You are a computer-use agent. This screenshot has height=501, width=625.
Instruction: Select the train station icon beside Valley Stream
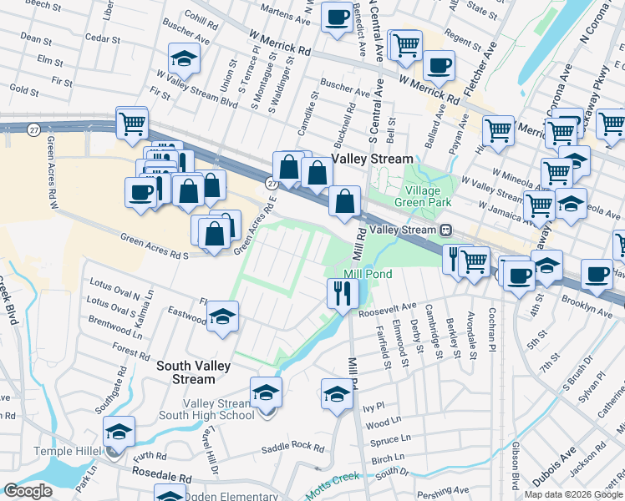(446, 230)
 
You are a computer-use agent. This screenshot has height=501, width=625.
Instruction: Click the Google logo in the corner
(28, 491)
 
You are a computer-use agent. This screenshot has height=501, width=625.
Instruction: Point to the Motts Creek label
(332, 484)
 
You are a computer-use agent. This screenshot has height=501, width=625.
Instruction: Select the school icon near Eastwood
(222, 316)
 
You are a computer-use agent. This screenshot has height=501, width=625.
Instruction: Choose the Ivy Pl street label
(373, 407)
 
